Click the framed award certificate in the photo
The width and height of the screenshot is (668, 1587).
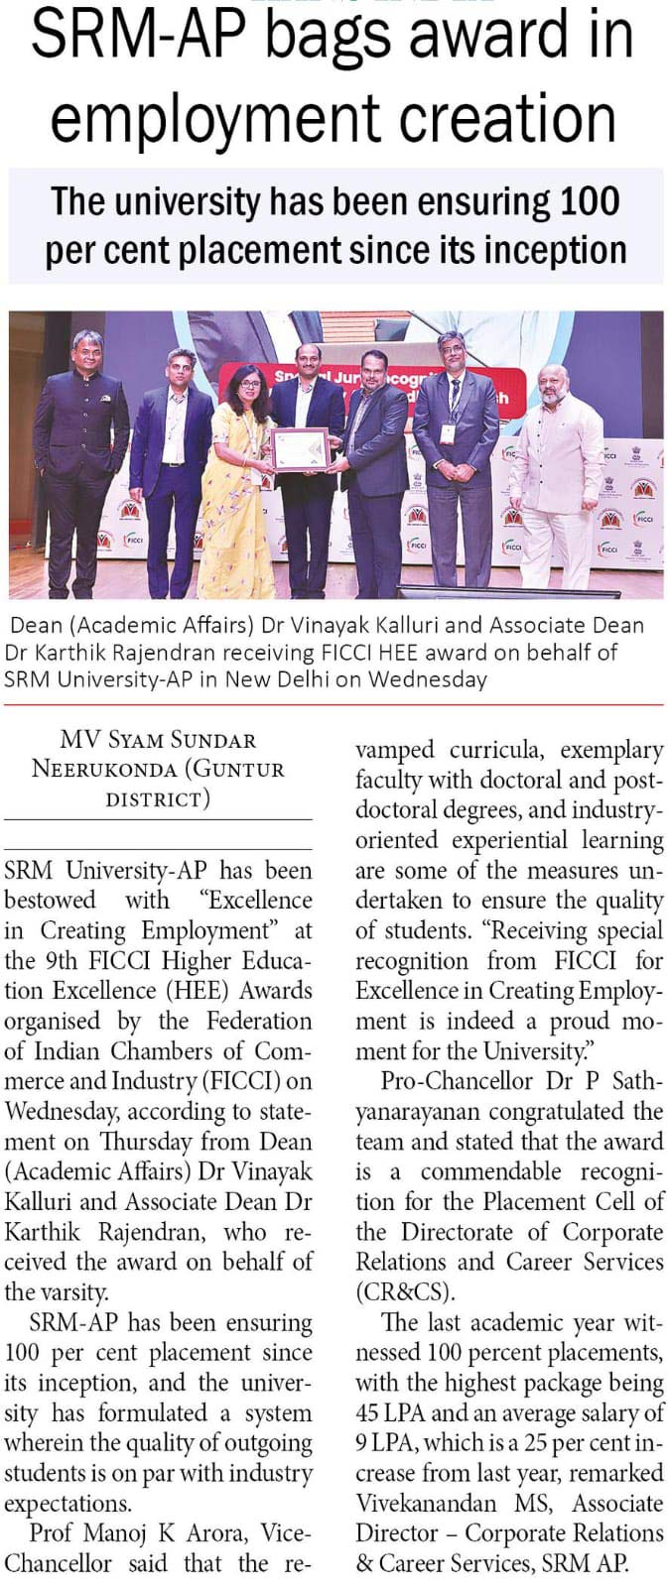[x=300, y=448]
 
